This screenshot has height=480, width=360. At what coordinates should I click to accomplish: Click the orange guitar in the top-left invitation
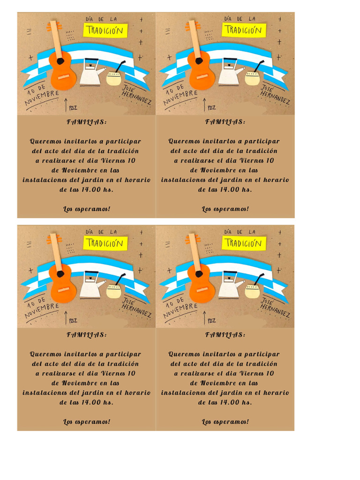click(x=63, y=73)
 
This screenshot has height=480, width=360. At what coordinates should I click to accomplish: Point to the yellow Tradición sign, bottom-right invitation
click(x=244, y=243)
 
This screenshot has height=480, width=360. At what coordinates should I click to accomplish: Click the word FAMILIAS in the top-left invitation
click(x=86, y=122)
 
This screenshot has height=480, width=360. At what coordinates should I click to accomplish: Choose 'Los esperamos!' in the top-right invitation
click(x=225, y=209)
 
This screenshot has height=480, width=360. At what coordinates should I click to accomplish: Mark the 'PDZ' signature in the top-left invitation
click(x=73, y=108)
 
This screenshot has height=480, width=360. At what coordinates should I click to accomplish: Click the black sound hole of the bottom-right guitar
click(x=199, y=274)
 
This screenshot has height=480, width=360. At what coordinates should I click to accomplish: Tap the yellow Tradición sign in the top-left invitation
click(x=105, y=30)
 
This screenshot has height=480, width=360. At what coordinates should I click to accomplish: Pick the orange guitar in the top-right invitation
click(x=202, y=73)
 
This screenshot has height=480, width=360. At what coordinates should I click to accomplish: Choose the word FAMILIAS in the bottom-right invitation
click(x=225, y=335)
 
